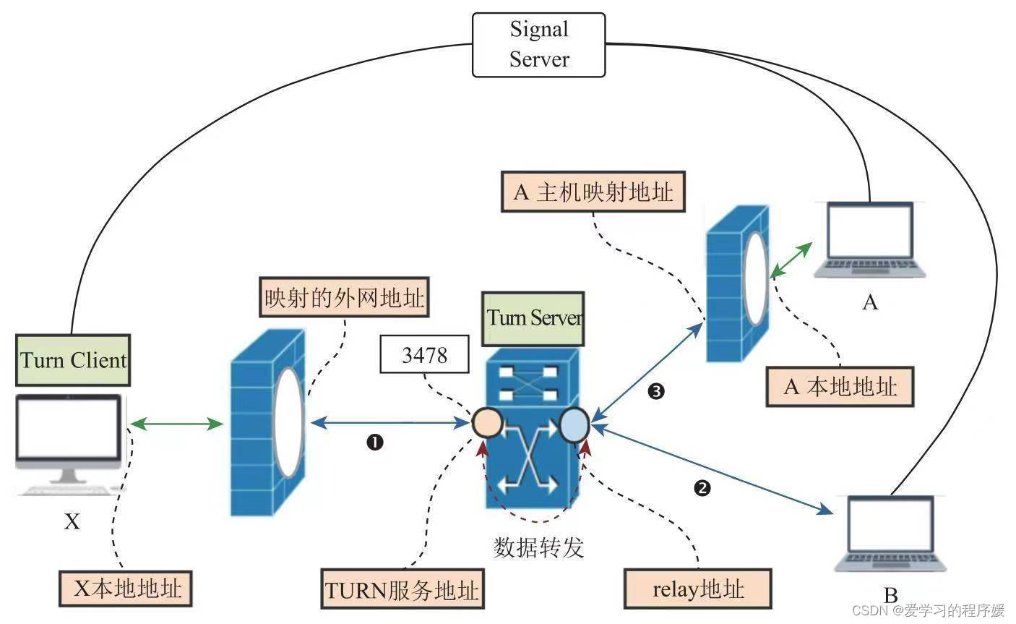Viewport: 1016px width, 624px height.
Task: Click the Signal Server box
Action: pyautogui.click(x=538, y=44)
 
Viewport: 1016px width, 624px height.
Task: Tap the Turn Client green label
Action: pyautogui.click(x=73, y=360)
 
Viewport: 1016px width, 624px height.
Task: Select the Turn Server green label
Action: pyautogui.click(x=534, y=318)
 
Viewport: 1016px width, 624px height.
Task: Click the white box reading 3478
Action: pyautogui.click(x=424, y=355)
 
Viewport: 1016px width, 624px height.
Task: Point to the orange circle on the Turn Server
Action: pyautogui.click(x=487, y=423)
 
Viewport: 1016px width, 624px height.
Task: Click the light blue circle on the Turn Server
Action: pyautogui.click(x=574, y=424)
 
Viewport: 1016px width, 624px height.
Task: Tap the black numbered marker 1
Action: pyautogui.click(x=374, y=443)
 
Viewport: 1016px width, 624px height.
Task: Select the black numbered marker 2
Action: pyautogui.click(x=702, y=488)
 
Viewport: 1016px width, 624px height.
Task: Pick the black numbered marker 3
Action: pyautogui.click(x=656, y=392)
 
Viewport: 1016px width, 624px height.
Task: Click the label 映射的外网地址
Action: pyautogui.click(x=344, y=298)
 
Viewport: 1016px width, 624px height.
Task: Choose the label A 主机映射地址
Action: pyautogui.click(x=593, y=192)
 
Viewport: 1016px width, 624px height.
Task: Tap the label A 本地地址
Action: pyautogui.click(x=840, y=387)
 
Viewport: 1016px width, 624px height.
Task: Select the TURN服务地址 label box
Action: pyautogui.click(x=402, y=590)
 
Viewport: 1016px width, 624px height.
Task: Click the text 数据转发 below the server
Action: pyautogui.click(x=538, y=547)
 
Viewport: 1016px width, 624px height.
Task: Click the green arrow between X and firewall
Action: pyautogui.click(x=176, y=424)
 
